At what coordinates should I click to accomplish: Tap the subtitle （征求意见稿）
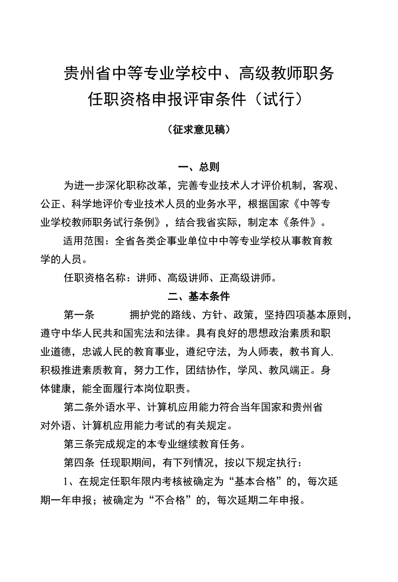(x=199, y=129)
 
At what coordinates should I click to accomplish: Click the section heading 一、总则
(x=199, y=167)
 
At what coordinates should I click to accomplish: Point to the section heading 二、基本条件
(x=199, y=296)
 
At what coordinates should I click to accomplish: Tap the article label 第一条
(x=79, y=315)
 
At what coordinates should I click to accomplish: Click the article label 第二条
(x=79, y=408)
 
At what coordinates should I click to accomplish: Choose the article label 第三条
(x=79, y=444)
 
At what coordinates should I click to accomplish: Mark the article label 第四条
(x=79, y=463)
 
